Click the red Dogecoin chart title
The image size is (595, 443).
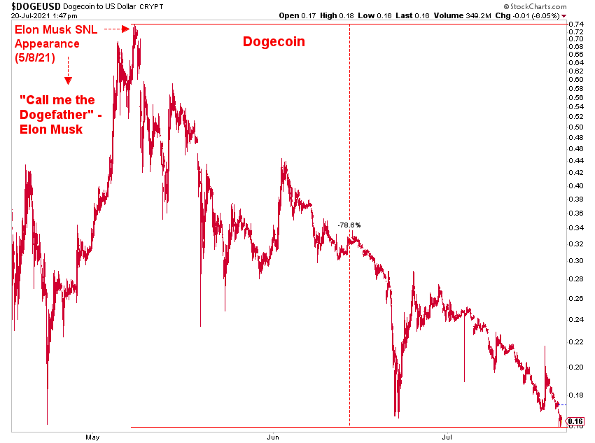click(x=274, y=41)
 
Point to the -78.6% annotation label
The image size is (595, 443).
click(x=349, y=225)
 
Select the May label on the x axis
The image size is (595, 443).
click(x=93, y=437)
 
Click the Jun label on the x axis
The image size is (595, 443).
click(x=274, y=437)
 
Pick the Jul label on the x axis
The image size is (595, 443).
click(x=447, y=437)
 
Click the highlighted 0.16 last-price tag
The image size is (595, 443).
click(x=576, y=422)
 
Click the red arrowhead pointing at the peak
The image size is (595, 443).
click(x=126, y=29)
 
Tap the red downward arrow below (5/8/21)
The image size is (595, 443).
click(x=67, y=82)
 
